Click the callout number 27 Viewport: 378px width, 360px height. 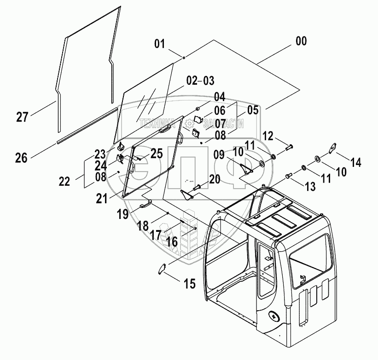(22, 117)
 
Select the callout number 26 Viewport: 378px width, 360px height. (21, 158)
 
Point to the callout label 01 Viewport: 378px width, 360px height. (159, 44)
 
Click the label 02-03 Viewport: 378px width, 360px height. (200, 81)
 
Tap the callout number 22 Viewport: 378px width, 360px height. (65, 181)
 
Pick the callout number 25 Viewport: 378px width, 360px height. (157, 153)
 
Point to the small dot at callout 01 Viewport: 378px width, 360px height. (183, 58)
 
